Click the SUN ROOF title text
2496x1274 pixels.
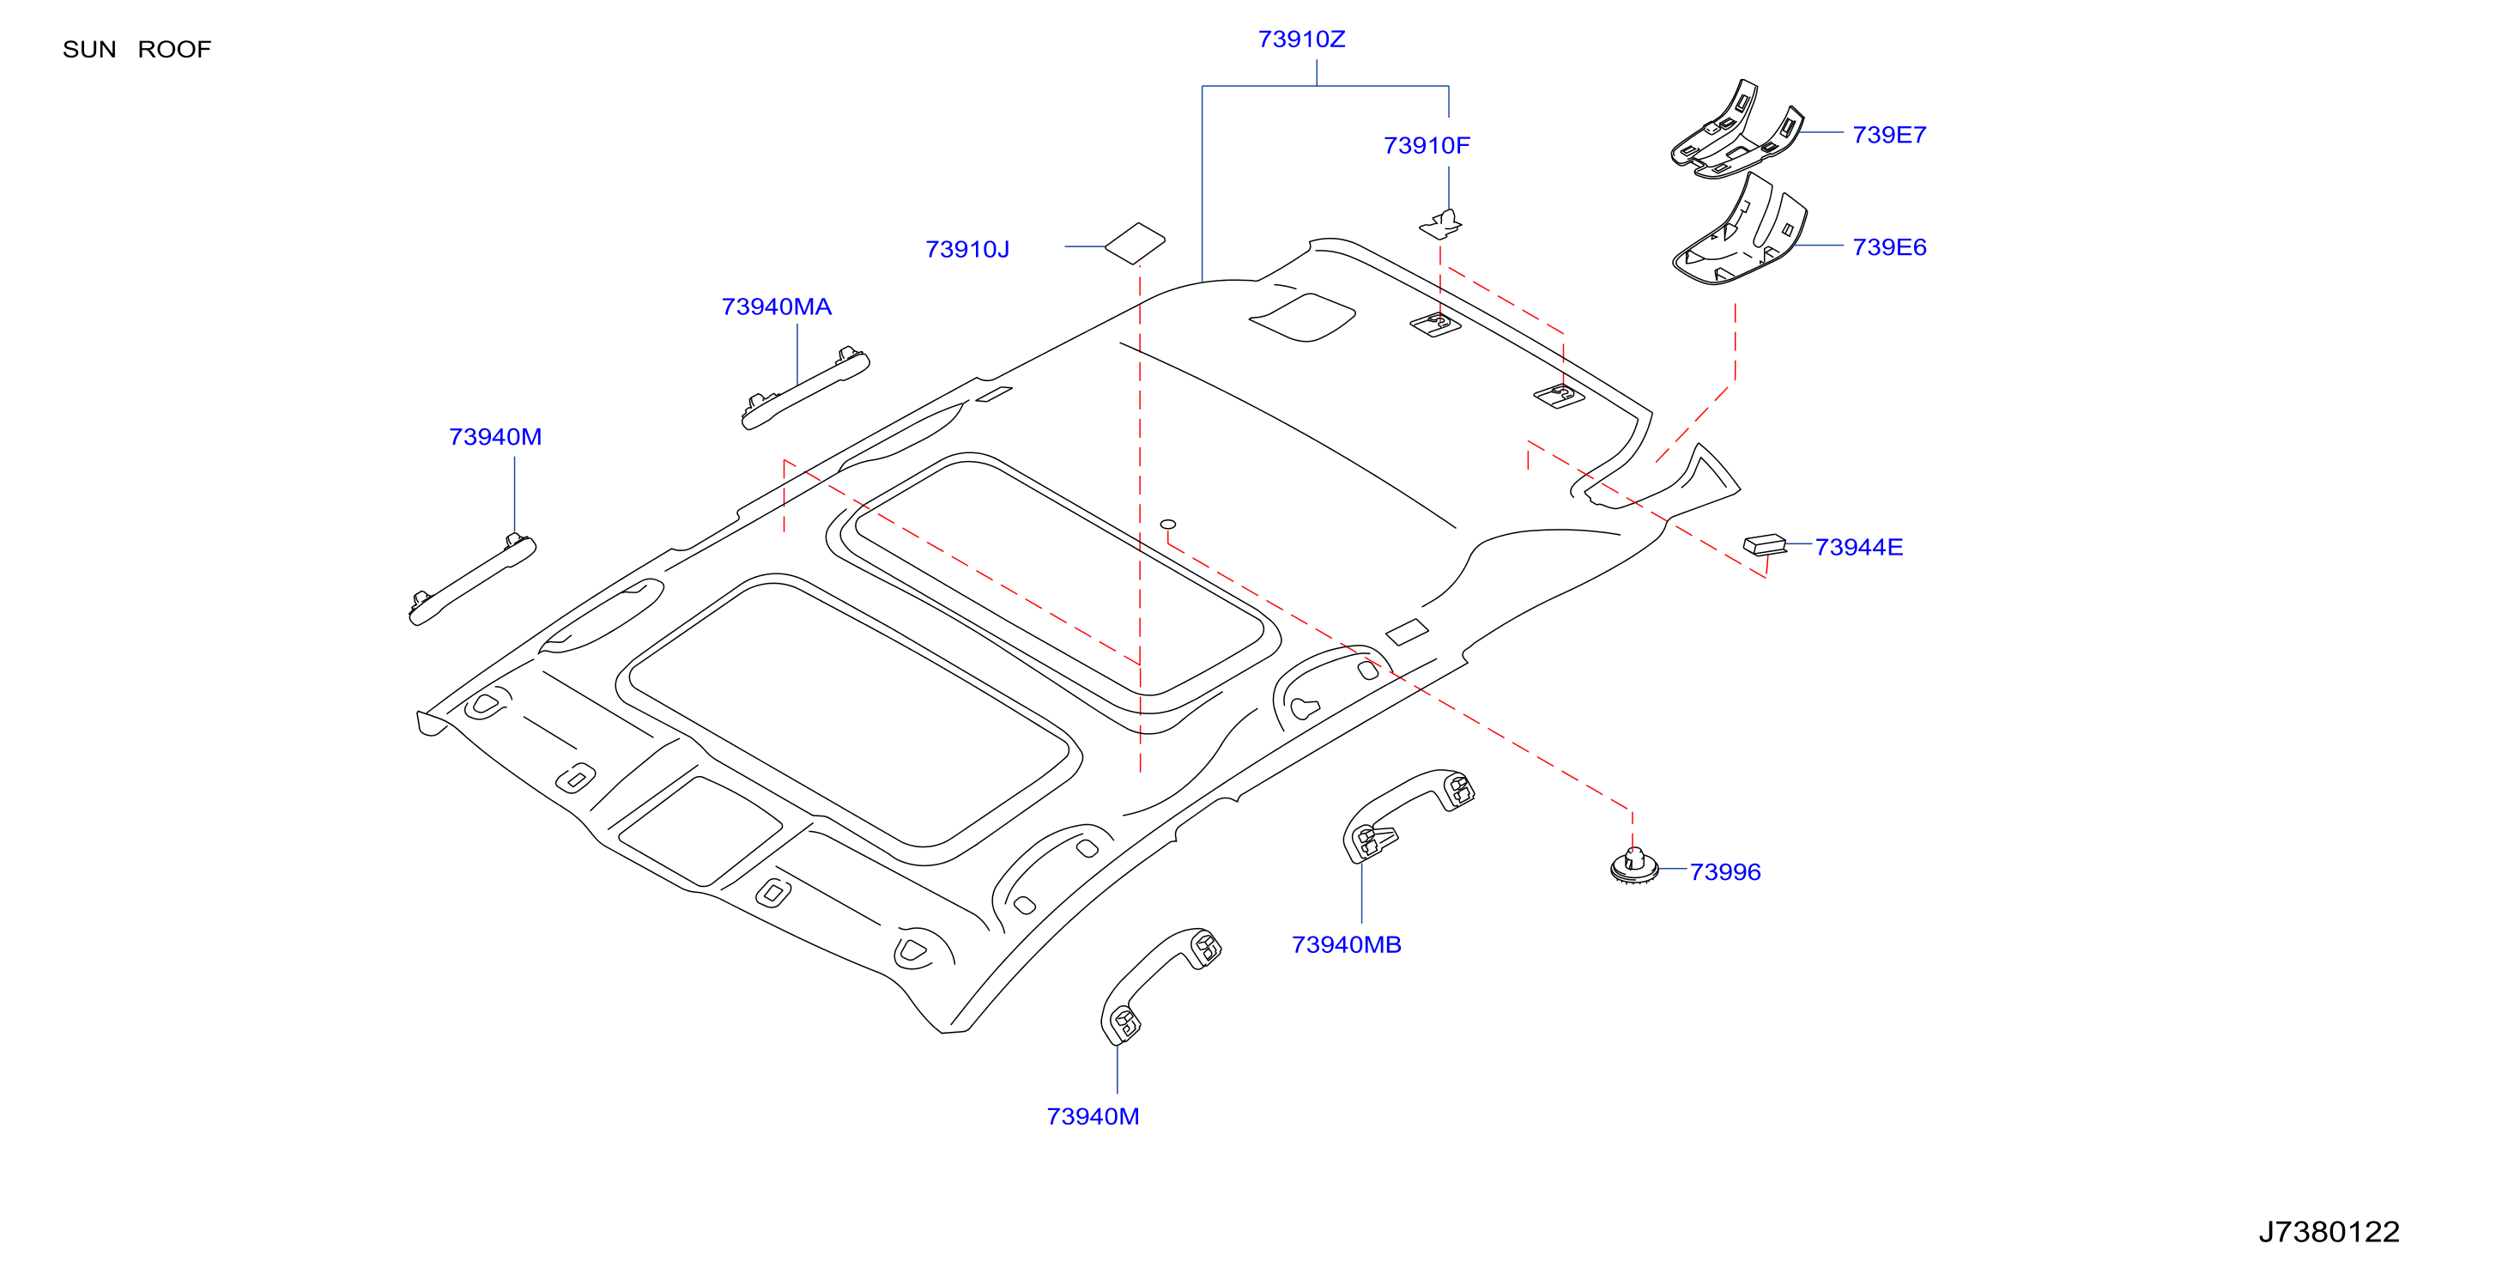pyautogui.click(x=136, y=50)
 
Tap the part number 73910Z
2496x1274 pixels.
pyautogui.click(x=1301, y=39)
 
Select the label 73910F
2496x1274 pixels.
pyautogui.click(x=1427, y=145)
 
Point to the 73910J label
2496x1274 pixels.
pyautogui.click(x=967, y=250)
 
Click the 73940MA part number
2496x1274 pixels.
pyautogui.click(x=776, y=307)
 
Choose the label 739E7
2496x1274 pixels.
pyautogui.click(x=1888, y=135)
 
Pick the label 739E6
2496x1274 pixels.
pyautogui.click(x=1888, y=247)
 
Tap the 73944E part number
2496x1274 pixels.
pyautogui.click(x=1858, y=548)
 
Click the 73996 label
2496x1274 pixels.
pyautogui.click(x=1724, y=872)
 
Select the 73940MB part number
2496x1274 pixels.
pyautogui.click(x=1346, y=944)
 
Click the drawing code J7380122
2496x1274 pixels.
pyautogui.click(x=2329, y=1231)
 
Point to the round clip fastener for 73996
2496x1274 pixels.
pyautogui.click(x=1634, y=866)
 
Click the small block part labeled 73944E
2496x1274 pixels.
pyautogui.click(x=1765, y=544)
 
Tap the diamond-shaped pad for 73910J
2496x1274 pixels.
pyautogui.click(x=1135, y=243)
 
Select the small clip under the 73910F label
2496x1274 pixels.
pyautogui.click(x=1441, y=225)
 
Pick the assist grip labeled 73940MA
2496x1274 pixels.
pyautogui.click(x=805, y=387)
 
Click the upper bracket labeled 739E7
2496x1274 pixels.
pyautogui.click(x=1736, y=130)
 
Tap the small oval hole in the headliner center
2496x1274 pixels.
pyautogui.click(x=1167, y=525)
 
